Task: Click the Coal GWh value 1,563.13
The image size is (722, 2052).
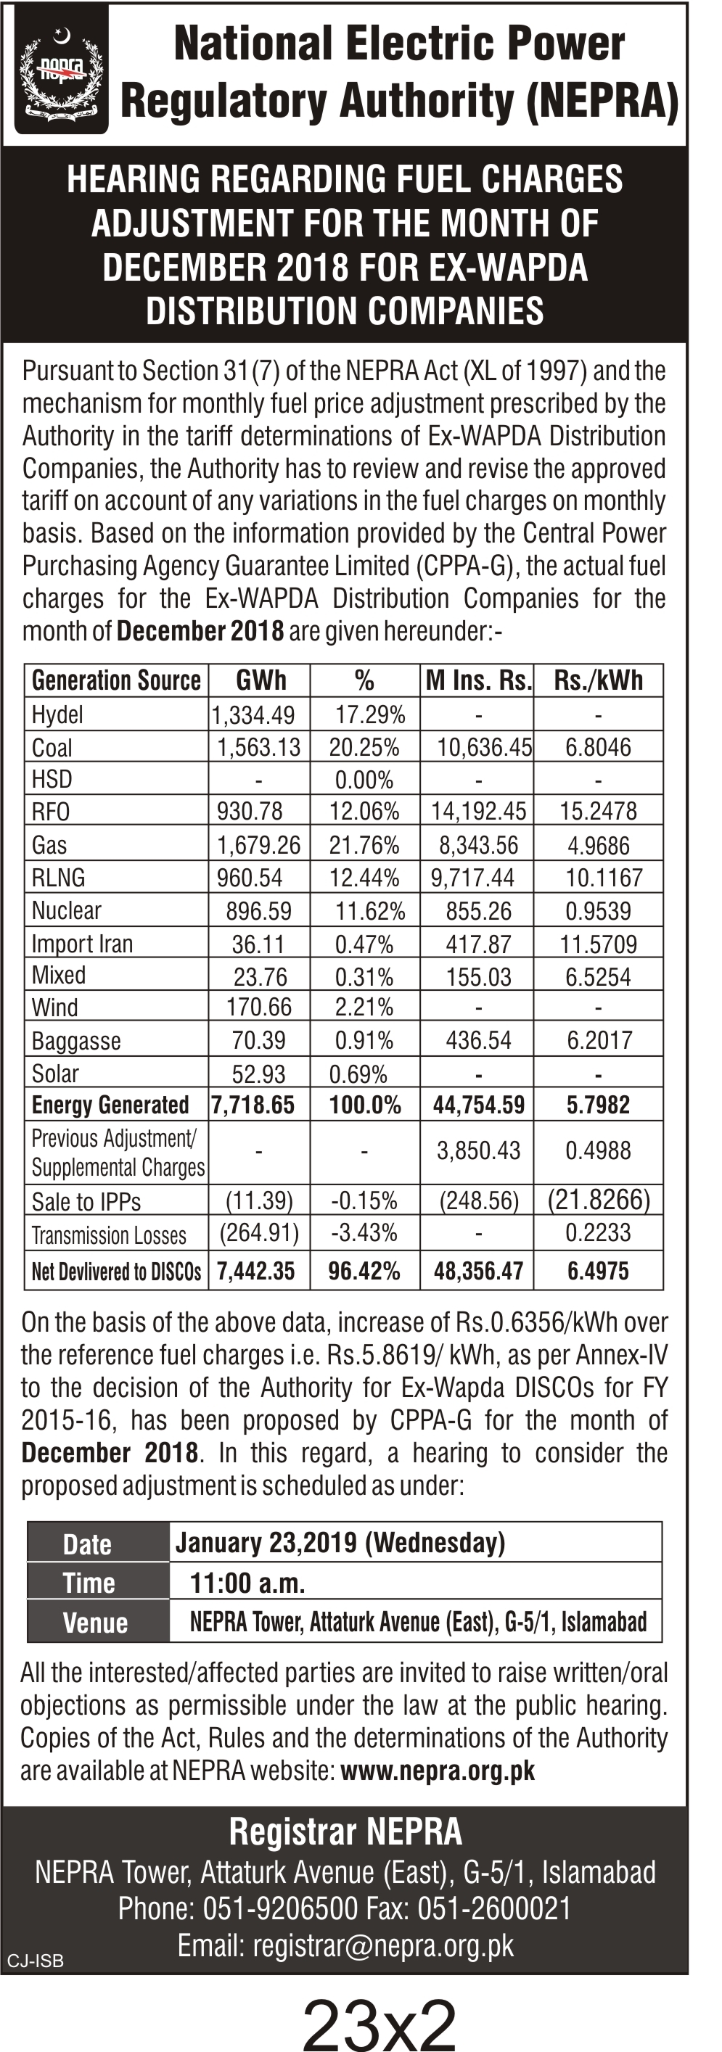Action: (259, 747)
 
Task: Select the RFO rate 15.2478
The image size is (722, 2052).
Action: (598, 811)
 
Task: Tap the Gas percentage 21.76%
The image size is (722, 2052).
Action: (364, 844)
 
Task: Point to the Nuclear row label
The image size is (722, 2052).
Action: (66, 910)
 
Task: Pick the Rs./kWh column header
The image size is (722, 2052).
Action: (598, 680)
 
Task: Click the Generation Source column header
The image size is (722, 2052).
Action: (116, 680)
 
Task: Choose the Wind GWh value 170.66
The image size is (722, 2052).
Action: (259, 1008)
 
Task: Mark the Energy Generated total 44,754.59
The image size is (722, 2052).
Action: (479, 1105)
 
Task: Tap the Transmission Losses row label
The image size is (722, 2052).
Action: (108, 1235)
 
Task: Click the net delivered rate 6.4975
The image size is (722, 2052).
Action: (598, 1271)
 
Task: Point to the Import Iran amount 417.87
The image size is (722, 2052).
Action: (478, 944)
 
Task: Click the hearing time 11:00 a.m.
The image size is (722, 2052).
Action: (247, 1582)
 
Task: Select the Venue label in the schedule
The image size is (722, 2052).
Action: (95, 1623)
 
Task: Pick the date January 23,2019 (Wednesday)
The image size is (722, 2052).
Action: (340, 1543)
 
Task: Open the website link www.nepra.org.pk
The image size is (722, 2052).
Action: (438, 1771)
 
